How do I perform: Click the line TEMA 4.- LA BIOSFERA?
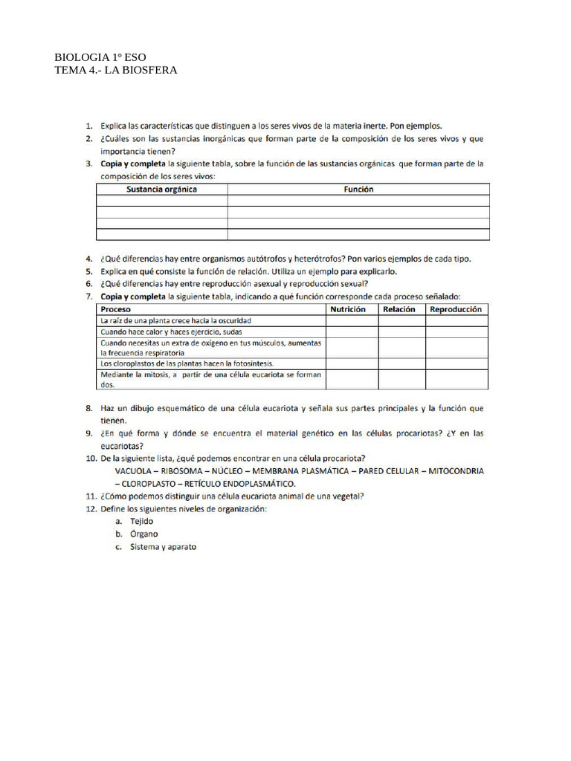coord(116,71)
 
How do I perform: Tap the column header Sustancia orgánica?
coord(161,190)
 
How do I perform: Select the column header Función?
coord(358,190)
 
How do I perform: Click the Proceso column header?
coord(117,309)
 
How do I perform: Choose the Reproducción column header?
coord(457,309)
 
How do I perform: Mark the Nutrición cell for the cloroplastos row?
coord(352,363)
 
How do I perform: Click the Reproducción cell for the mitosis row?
coord(457,380)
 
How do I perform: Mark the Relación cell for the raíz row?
coord(401,320)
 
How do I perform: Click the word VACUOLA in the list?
coord(135,471)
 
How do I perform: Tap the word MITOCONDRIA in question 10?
coord(454,471)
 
